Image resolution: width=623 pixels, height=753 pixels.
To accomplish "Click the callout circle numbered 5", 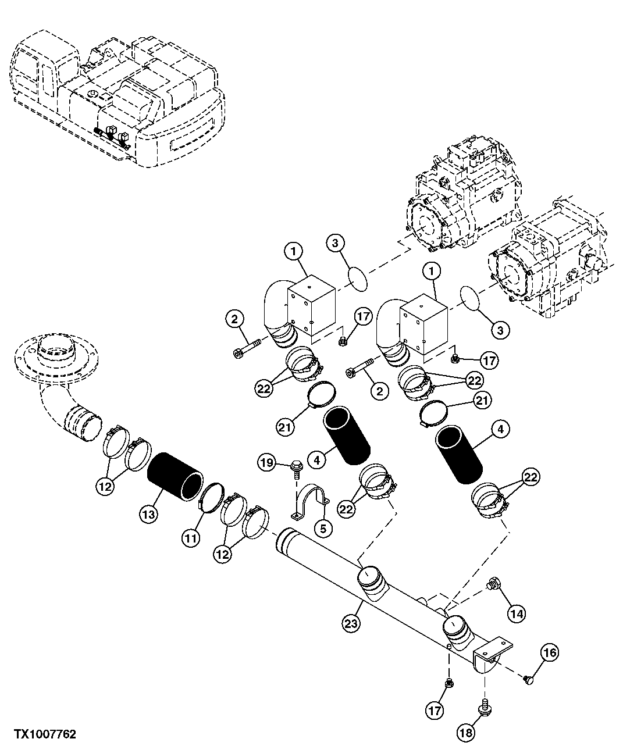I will click(x=323, y=528).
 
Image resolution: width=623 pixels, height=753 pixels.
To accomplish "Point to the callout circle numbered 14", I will click(x=515, y=612).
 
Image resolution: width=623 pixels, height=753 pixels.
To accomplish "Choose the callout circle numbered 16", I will click(x=550, y=653).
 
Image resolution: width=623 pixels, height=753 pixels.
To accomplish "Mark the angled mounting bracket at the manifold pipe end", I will click(x=493, y=654).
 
